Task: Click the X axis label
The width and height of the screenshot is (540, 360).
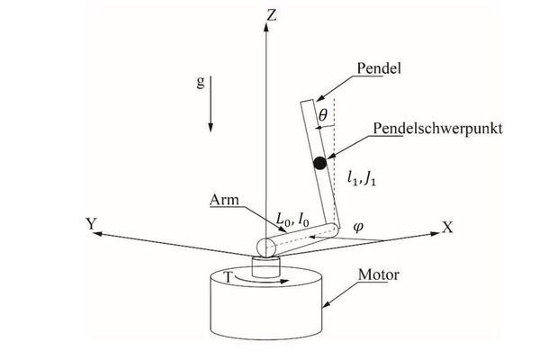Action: tap(446, 227)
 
